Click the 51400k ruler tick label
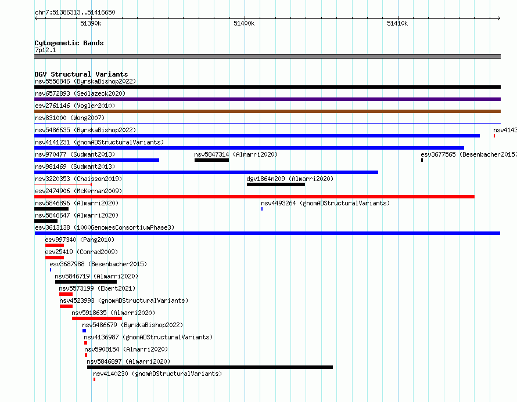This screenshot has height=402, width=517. pos(244,23)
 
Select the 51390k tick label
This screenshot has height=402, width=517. pos(91,23)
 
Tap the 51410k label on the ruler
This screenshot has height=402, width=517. pos(397,23)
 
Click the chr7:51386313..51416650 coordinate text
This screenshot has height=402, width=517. pos(75,13)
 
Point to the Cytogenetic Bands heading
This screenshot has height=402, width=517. pos(69,43)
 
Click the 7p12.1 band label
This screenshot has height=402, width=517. pos(45,50)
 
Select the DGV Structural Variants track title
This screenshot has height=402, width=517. pos(81,74)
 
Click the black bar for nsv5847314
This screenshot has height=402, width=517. pos(211,160)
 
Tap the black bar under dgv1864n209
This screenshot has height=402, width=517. pos(276,184)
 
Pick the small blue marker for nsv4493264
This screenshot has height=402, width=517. pos(262,209)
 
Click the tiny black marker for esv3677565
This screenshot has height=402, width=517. pos(422,160)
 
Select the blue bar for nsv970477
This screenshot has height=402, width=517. pos(96,160)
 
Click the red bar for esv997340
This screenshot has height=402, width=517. pos(55,245)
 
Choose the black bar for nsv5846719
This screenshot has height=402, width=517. pos(86,282)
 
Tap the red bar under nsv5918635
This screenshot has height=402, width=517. pos(97,318)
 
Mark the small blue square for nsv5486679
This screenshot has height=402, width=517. pos(84,331)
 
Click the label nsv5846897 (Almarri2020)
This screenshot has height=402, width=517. pos(128,361)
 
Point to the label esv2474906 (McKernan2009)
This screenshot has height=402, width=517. pos(78,191)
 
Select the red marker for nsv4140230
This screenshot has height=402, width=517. pos(94,379)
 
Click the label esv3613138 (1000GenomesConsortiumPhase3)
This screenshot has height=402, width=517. pos(105,227)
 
